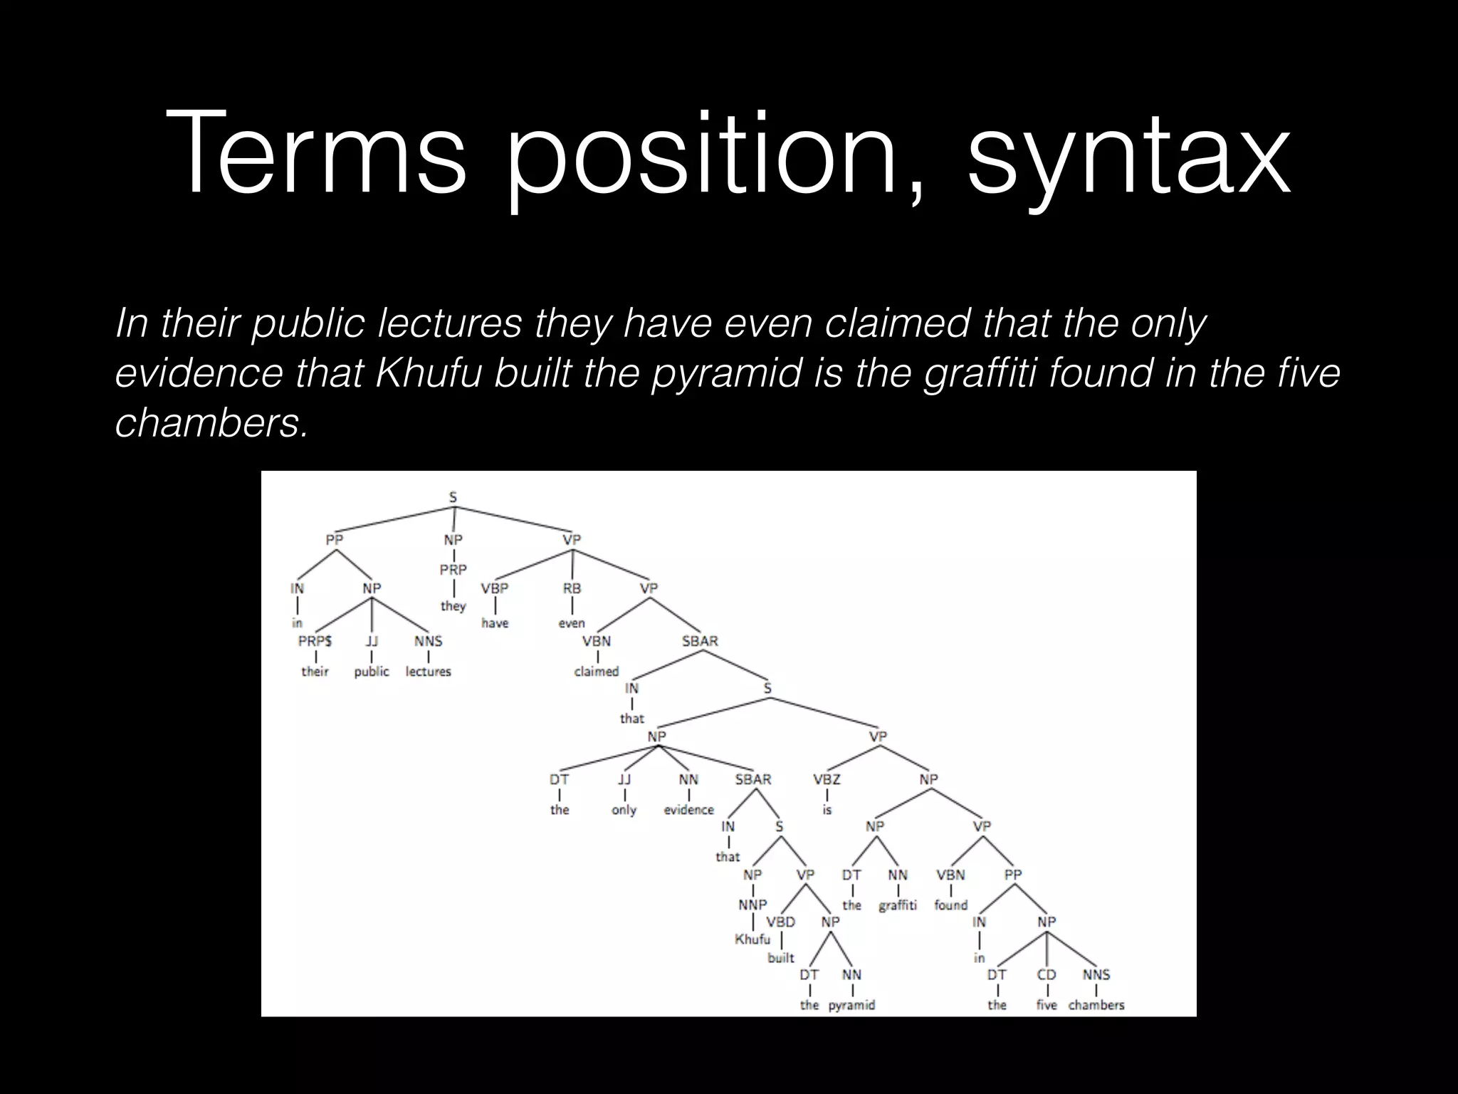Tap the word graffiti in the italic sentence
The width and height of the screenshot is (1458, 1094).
tap(980, 373)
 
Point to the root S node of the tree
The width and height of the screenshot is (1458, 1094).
tap(453, 498)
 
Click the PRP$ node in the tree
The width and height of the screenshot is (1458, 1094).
tap(315, 641)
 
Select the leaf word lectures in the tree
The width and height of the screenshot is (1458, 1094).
tap(428, 672)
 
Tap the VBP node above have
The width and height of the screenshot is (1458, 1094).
tap(494, 589)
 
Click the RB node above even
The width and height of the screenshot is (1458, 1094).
tap(572, 589)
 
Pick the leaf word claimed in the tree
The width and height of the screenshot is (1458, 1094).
tap(597, 672)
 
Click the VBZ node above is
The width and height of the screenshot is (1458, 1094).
tap(827, 779)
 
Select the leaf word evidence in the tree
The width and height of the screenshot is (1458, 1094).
tap(688, 810)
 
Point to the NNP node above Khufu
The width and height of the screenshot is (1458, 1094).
tap(752, 905)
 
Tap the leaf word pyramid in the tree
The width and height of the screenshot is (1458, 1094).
tap(851, 1005)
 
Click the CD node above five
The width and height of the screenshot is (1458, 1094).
tap(1047, 974)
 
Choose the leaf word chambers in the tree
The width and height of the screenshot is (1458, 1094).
tap(1096, 1005)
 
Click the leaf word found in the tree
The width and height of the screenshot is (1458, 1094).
tap(951, 905)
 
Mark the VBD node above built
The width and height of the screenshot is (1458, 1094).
tap(780, 922)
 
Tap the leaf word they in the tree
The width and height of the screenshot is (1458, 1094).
tap(453, 606)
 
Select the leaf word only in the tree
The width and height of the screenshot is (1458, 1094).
tap(624, 810)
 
